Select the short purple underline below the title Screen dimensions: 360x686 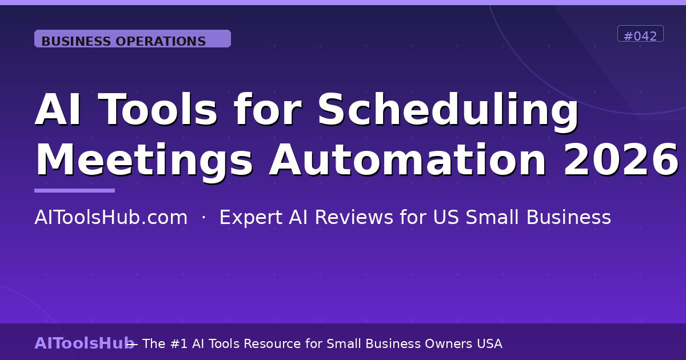74,190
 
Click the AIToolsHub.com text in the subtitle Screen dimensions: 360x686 111,218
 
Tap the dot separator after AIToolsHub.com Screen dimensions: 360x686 204,218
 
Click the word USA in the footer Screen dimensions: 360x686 489,343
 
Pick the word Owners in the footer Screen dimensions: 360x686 448,343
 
